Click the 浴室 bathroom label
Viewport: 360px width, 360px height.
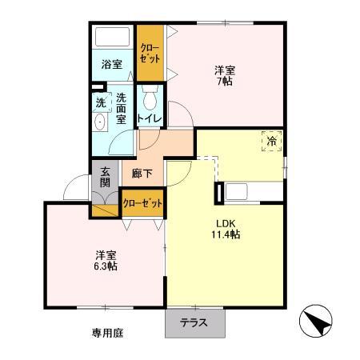(111, 63)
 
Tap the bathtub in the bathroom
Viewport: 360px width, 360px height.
(113, 38)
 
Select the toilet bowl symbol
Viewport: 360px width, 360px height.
(150, 99)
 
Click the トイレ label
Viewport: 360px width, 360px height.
(150, 120)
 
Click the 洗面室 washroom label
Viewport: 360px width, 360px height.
(121, 108)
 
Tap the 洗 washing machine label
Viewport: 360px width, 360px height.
(101, 102)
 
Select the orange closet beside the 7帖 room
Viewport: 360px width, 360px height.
(150, 54)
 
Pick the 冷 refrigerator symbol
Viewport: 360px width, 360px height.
(273, 141)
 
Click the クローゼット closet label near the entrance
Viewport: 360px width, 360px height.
(143, 203)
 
